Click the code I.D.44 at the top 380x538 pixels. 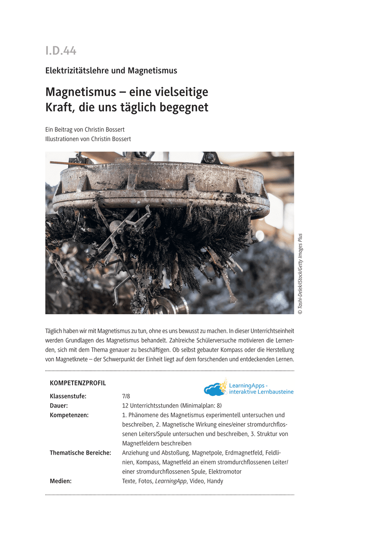click(x=61, y=51)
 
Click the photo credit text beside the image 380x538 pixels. click(x=300, y=273)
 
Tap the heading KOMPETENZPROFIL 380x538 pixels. click(x=78, y=383)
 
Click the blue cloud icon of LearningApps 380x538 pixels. click(x=215, y=389)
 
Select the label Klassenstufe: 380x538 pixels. click(x=68, y=396)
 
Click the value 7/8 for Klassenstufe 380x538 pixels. click(x=126, y=396)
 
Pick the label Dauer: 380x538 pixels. click(x=59, y=406)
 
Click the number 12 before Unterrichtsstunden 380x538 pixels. click(x=125, y=406)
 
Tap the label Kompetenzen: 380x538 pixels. click(x=69, y=415)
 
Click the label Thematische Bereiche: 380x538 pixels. click(x=80, y=453)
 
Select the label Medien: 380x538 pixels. click(x=60, y=481)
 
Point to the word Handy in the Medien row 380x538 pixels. click(x=215, y=481)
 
